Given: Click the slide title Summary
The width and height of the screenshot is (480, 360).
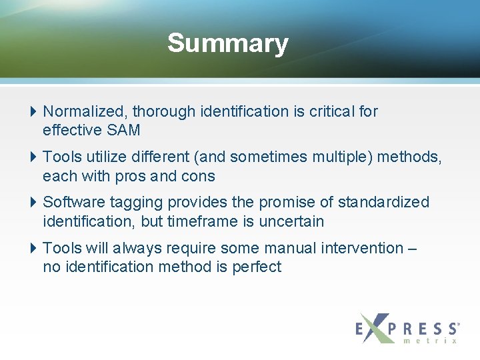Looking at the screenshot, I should pos(227,43).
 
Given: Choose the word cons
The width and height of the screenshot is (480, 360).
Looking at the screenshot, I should pos(198,176).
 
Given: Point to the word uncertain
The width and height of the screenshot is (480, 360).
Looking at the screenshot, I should pos(292,221).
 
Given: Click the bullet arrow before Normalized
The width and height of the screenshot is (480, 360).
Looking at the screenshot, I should pos(34,111).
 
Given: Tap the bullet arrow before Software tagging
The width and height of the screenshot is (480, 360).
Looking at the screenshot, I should pos(34,202).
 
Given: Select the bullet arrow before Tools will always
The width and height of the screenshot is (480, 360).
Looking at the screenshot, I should pos(34,248).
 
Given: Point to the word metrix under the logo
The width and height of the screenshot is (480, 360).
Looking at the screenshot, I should pos(431,341).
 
